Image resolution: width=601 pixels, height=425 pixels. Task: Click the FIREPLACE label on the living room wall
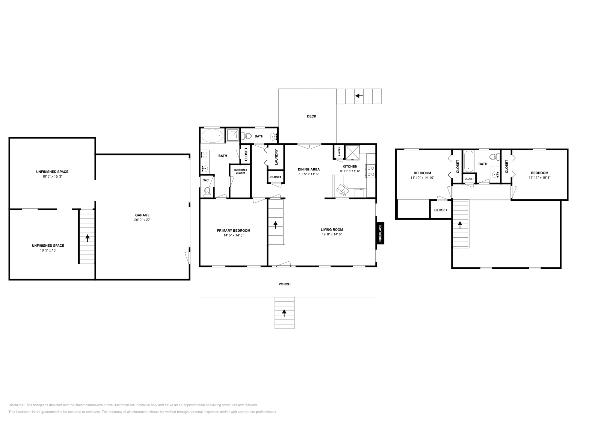tap(380, 233)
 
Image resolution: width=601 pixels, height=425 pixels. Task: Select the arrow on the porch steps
tap(284, 312)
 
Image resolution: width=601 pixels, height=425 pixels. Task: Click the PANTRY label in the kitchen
tap(340, 152)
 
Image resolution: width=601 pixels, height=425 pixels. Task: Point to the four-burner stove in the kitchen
tap(370, 171)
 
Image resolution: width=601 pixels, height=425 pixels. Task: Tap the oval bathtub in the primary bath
tap(212, 136)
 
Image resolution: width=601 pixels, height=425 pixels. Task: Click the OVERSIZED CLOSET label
tap(240, 172)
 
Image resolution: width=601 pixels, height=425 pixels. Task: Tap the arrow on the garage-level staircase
tap(88, 238)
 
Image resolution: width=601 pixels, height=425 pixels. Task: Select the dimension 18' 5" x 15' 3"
tap(52, 176)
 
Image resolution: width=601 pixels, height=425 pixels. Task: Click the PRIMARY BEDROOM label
tap(233, 231)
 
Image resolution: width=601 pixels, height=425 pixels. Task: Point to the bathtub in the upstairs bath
tap(468, 161)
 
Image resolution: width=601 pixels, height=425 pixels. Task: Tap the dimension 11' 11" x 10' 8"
tap(539, 178)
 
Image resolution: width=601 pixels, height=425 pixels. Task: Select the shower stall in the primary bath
tap(232, 136)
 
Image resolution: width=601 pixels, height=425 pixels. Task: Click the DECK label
tap(311, 116)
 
